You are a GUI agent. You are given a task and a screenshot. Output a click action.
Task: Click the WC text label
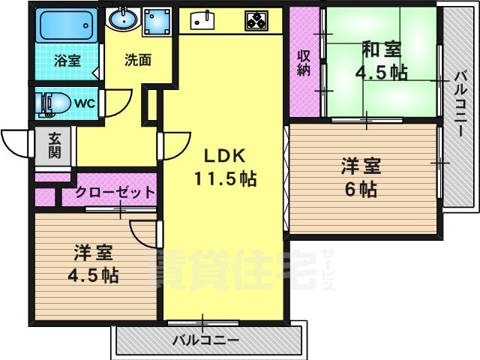pos(83,103)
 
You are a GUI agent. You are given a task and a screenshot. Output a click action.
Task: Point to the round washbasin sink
pos(120,17)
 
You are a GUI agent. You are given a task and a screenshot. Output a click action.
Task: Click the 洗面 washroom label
pos(138,60)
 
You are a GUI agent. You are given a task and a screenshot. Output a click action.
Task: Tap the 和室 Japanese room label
pos(381,51)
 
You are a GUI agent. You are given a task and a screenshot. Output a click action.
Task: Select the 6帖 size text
pos(361,189)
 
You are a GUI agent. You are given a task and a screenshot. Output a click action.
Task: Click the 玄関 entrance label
pos(55,145)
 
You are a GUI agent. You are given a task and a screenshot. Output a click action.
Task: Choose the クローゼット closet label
pos(115,193)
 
